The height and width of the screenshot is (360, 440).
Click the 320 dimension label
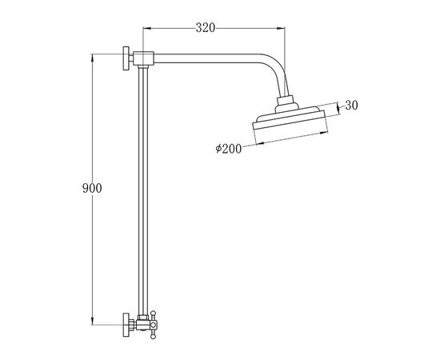pos(206,28)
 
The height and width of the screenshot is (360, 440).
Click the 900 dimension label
pos(92,188)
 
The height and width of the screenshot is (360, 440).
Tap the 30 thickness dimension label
pos(352,106)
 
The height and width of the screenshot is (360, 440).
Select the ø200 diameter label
pos(229,149)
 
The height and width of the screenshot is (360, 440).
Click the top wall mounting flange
pos(126,58)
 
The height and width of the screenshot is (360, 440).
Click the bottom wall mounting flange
pos(126,325)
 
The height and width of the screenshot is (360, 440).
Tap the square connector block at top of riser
pos(143,58)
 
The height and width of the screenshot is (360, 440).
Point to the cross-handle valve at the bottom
pos(153,325)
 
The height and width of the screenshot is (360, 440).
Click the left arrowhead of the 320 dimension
pos(146,28)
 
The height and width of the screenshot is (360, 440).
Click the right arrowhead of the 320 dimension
pos(281,28)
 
